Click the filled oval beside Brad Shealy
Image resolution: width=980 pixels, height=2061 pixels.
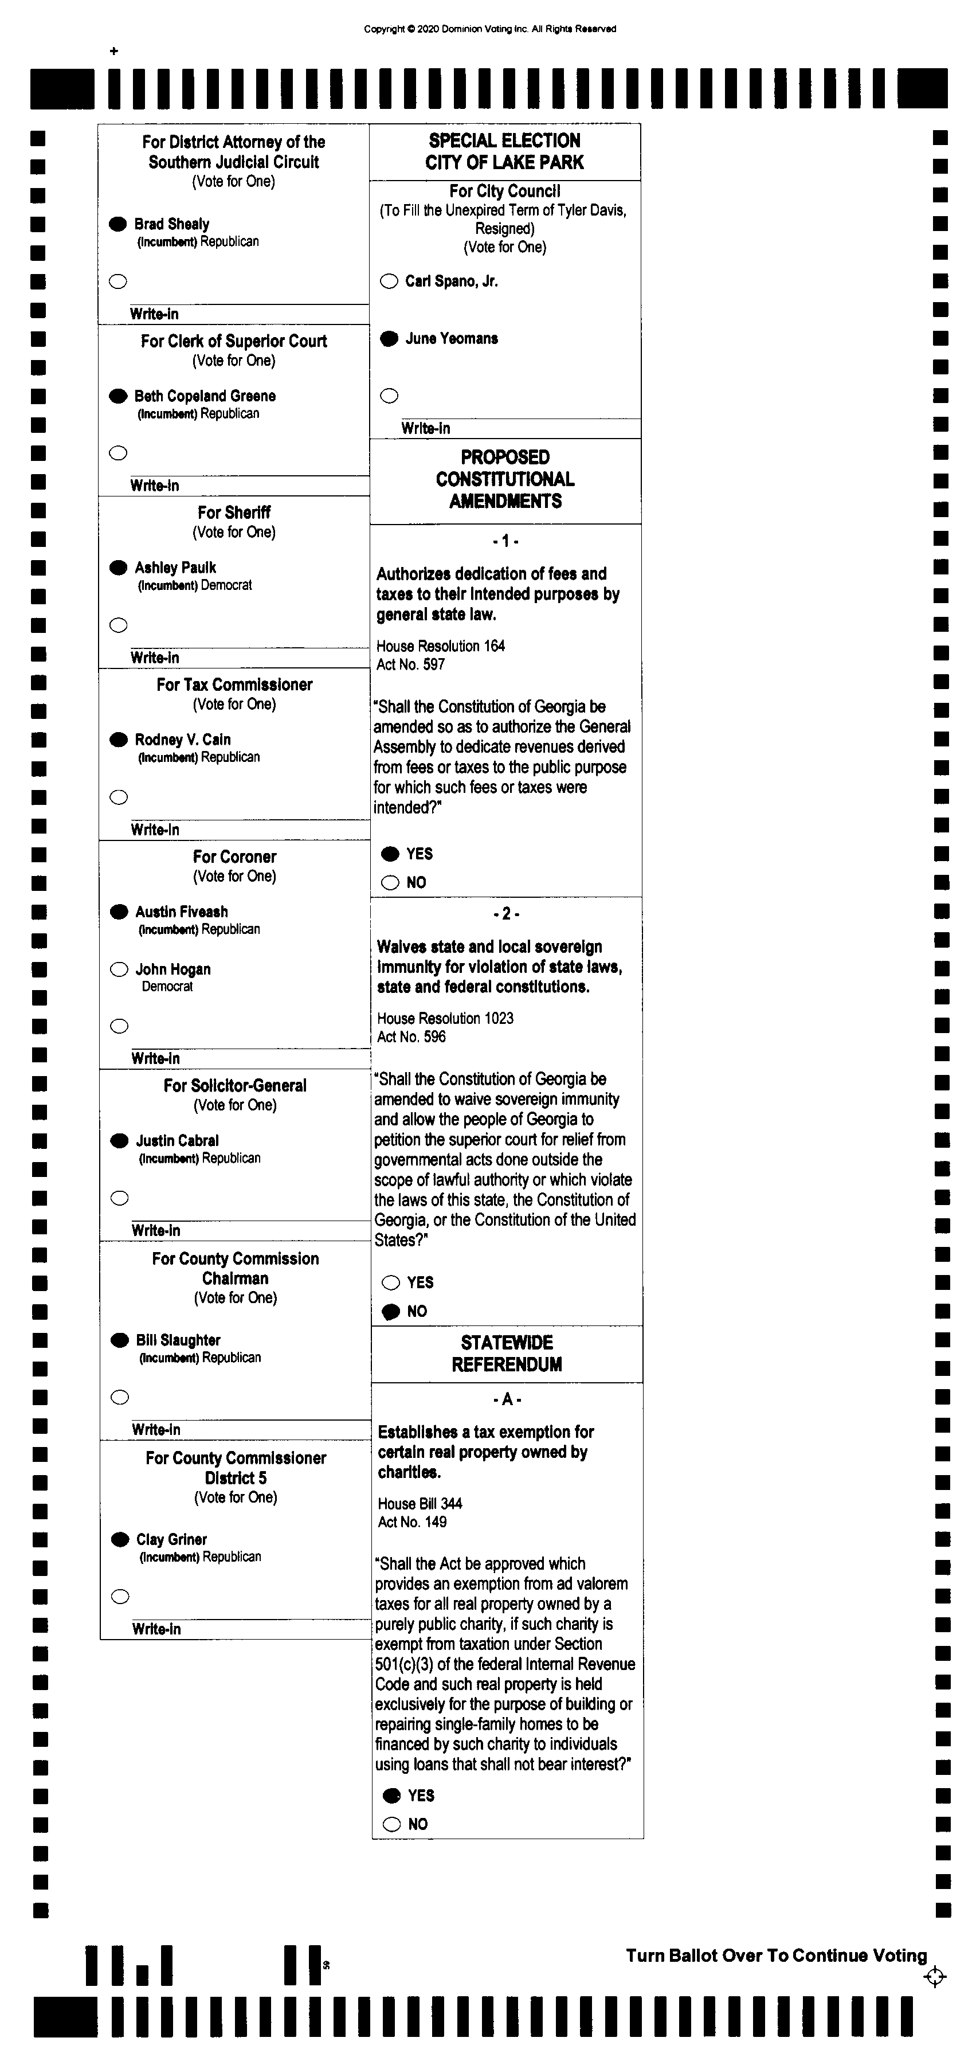pos(117,224)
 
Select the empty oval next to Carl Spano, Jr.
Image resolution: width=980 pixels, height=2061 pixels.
pos(389,281)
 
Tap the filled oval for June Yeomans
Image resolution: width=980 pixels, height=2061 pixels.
pos(389,338)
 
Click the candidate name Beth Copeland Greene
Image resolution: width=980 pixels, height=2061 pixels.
pos(205,396)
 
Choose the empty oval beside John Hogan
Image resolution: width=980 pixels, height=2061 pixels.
pos(119,969)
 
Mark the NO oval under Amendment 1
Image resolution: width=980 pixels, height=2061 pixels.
pos(390,882)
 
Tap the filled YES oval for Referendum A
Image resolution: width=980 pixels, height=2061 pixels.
pos(392,1796)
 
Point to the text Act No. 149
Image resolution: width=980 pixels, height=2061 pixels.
pos(412,1522)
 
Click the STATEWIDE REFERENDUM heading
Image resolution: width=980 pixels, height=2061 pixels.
pos(507,1354)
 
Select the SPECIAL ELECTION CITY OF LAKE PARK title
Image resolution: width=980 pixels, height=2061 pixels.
pos(505,151)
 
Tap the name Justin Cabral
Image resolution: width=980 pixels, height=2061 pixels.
pos(177,1141)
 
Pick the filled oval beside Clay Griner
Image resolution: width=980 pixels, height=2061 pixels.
pos(120,1539)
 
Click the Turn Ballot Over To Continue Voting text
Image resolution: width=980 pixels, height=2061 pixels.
pos(776,1956)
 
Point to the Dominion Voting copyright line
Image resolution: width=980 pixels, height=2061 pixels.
pos(489,29)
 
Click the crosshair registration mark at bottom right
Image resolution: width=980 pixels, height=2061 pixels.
pos(934,1977)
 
